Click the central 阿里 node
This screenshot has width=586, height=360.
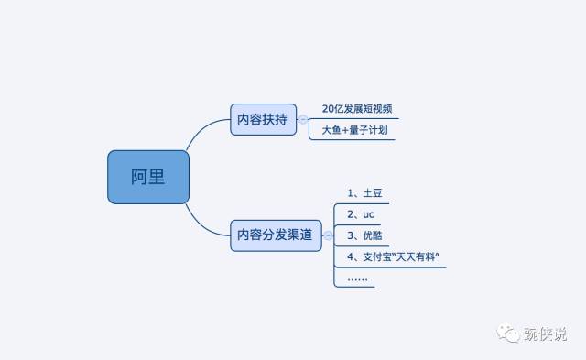[147, 177]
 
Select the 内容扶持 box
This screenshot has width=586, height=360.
[263, 120]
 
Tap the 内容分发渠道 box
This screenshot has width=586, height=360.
[275, 235]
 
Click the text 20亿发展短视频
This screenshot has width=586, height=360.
[357, 109]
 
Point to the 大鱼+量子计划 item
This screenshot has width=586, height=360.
[354, 131]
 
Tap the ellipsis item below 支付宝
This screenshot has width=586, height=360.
[358, 277]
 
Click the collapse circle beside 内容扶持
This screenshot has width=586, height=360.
[303, 120]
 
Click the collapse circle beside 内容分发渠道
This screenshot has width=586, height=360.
[328, 235]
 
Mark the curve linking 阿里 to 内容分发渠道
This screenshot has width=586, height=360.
[203, 220]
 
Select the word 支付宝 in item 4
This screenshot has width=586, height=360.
[378, 256]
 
